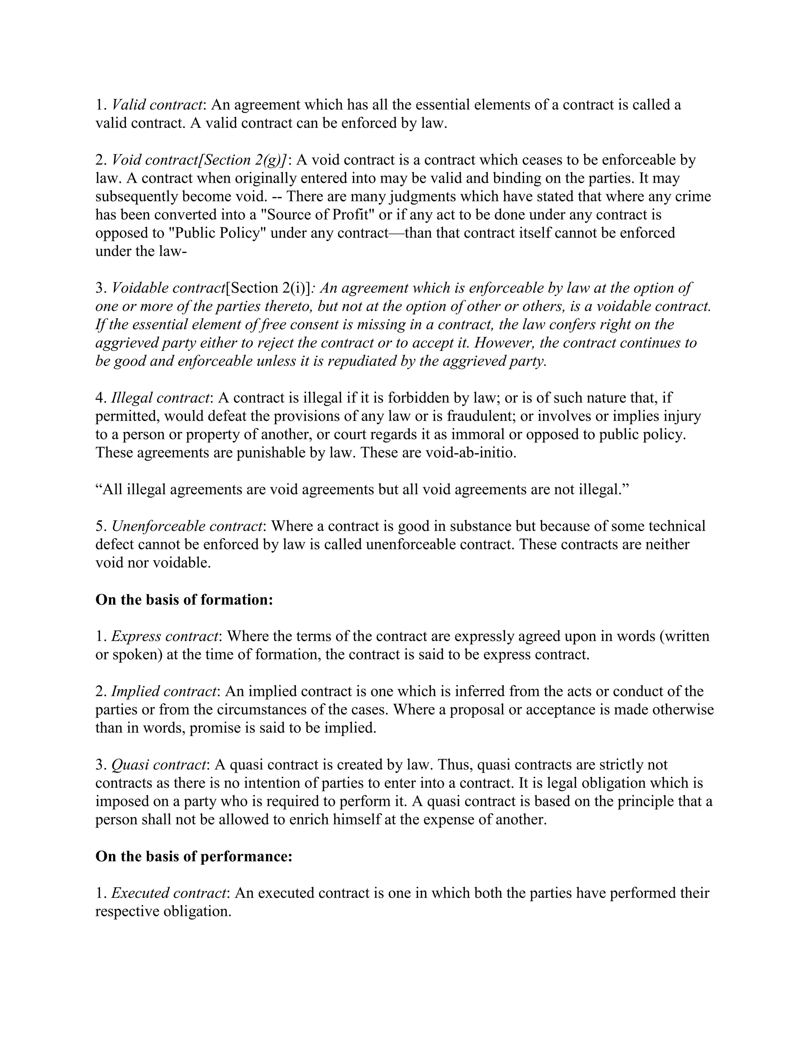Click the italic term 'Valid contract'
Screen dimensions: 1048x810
[156, 105]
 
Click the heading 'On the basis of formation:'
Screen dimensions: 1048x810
[184, 600]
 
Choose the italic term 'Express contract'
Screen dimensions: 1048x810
[165, 636]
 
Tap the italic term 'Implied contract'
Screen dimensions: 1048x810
[164, 691]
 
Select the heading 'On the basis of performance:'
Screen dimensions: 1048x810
[194, 856]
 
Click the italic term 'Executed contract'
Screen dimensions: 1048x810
[168, 893]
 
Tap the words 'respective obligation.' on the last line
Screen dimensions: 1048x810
[163, 911]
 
